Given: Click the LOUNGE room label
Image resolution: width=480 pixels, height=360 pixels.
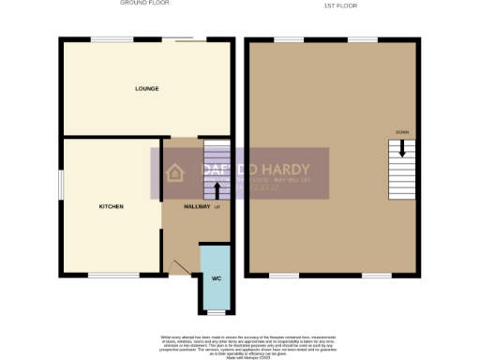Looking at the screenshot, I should click(145, 89).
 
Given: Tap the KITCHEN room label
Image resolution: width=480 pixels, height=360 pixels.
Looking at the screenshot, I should click(112, 206).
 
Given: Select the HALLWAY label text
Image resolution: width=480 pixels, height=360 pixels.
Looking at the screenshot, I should click(196, 206).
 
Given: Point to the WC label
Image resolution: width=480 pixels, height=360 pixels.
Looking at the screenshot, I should click(216, 279).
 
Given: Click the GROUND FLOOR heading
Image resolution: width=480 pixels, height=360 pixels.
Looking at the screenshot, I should click(144, 4).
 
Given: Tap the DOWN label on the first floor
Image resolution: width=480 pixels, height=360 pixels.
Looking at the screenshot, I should click(401, 131).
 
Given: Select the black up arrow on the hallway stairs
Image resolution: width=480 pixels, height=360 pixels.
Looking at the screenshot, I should click(217, 190).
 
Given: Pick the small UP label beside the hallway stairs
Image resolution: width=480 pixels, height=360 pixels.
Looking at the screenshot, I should click(217, 207).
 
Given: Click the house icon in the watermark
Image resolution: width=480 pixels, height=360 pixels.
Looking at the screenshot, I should click(174, 172).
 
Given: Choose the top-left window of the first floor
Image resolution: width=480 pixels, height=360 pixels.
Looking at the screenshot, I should click(288, 40).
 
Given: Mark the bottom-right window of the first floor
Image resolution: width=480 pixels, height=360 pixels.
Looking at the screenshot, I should click(377, 276).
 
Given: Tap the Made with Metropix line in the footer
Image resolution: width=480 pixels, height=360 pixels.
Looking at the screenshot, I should click(239, 353).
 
